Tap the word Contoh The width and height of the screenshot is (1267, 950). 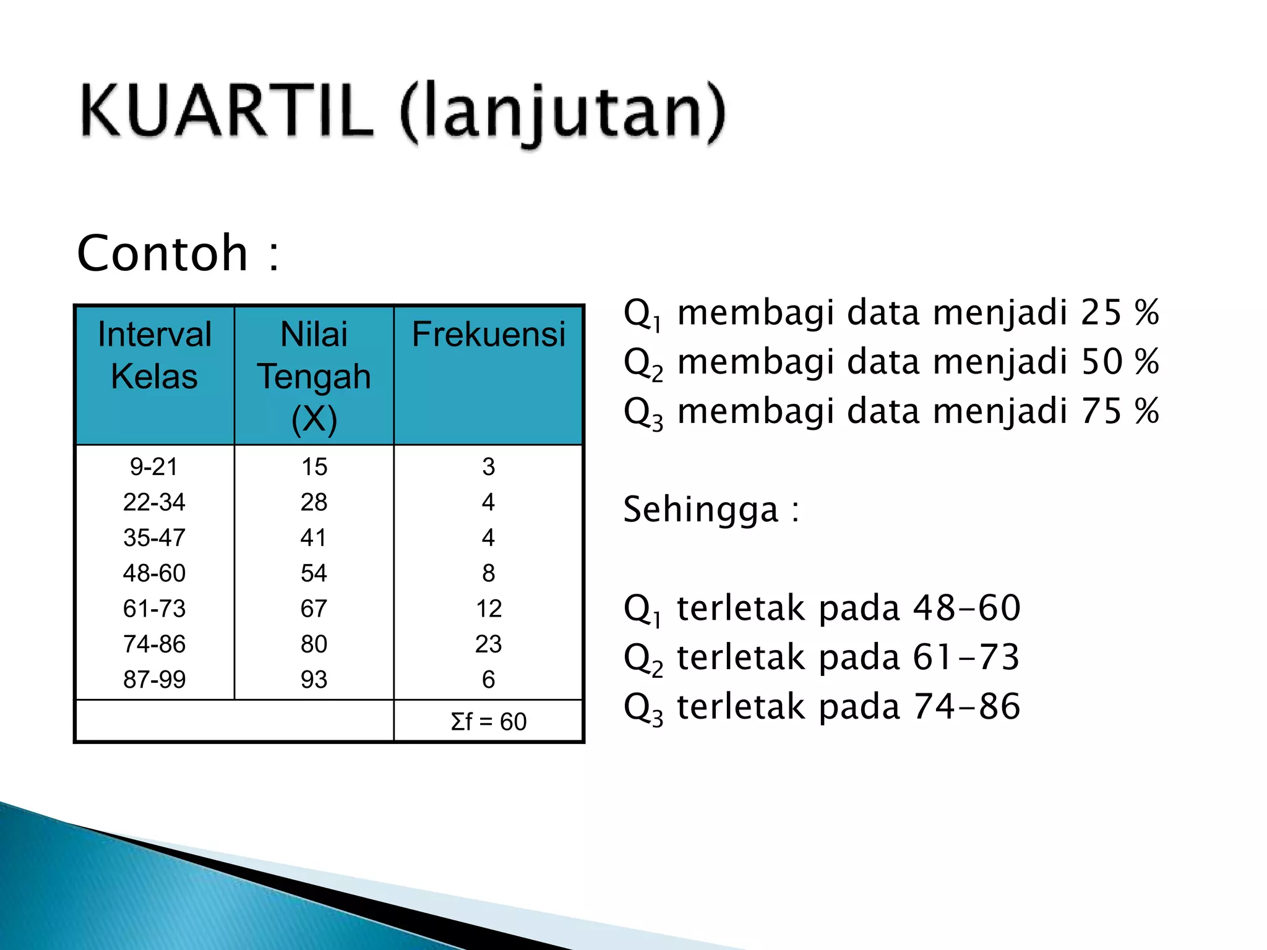coord(163,253)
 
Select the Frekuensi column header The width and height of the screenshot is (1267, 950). coord(488,335)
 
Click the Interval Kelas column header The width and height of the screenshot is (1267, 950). coord(155,355)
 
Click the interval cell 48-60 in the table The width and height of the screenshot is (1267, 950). coord(154,573)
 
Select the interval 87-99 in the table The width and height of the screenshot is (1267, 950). coord(154,680)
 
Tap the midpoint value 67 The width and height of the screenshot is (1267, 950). coord(314,609)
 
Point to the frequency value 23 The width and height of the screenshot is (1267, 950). coord(488,644)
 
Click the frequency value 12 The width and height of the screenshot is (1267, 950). coord(488,609)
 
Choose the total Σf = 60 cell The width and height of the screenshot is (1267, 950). coord(488,722)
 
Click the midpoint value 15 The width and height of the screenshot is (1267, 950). coord(314,467)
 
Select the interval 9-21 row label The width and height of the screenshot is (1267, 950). coord(154,467)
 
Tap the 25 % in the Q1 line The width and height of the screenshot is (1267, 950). coord(1120,312)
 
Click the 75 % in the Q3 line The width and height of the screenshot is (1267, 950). coord(1120,411)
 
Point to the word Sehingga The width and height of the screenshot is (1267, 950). coord(700,510)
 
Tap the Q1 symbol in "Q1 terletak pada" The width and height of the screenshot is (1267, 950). coord(642,609)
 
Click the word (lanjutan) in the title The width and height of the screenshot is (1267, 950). coord(563,113)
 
